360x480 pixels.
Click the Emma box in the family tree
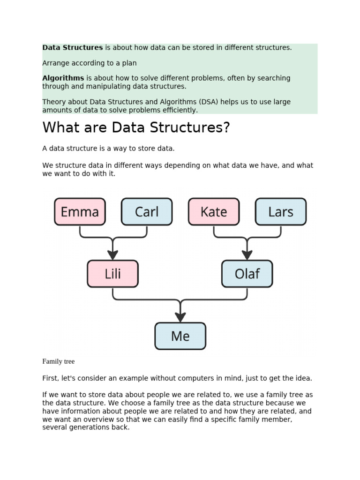[x=80, y=212]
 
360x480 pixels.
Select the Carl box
[x=147, y=212]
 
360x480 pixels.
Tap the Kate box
[x=214, y=212]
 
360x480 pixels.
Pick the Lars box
[x=281, y=212]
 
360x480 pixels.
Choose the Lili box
[x=112, y=274]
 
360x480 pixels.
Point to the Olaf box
[x=247, y=274]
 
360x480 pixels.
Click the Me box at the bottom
[x=180, y=336]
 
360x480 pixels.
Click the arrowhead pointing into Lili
[x=112, y=255]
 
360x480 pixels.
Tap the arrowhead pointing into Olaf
[x=247, y=255]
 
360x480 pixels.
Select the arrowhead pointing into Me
[x=180, y=317]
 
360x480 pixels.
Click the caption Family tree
[x=58, y=361]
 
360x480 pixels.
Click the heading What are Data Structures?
[x=136, y=127]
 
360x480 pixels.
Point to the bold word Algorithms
[x=63, y=78]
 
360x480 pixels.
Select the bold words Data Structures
[x=72, y=48]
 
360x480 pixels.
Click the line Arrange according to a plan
[x=89, y=63]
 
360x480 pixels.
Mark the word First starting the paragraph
[x=50, y=378]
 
